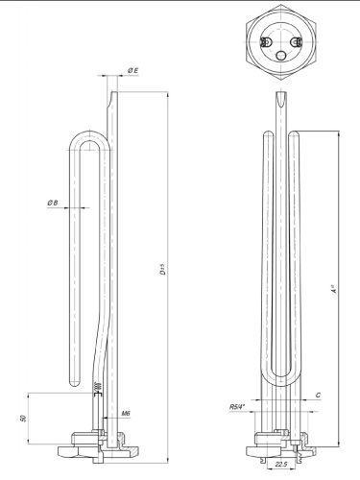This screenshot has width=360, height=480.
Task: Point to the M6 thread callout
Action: coord(127,415)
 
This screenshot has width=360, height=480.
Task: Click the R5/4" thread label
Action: coord(237,407)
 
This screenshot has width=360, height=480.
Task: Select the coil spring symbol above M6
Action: coord(96,387)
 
